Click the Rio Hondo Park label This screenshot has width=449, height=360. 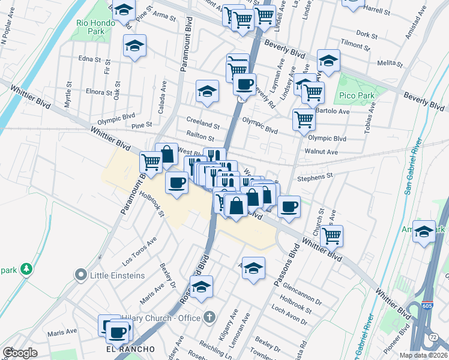point(91,26)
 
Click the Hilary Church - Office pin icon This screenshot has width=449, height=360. point(209,316)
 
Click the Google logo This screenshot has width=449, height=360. point(20,353)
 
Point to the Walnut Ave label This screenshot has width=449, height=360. point(321,152)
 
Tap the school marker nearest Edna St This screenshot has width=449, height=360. point(135,46)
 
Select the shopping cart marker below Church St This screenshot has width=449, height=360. point(331,235)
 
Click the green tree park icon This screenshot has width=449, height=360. point(25,269)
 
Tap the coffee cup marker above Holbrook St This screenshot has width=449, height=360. point(176,182)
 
